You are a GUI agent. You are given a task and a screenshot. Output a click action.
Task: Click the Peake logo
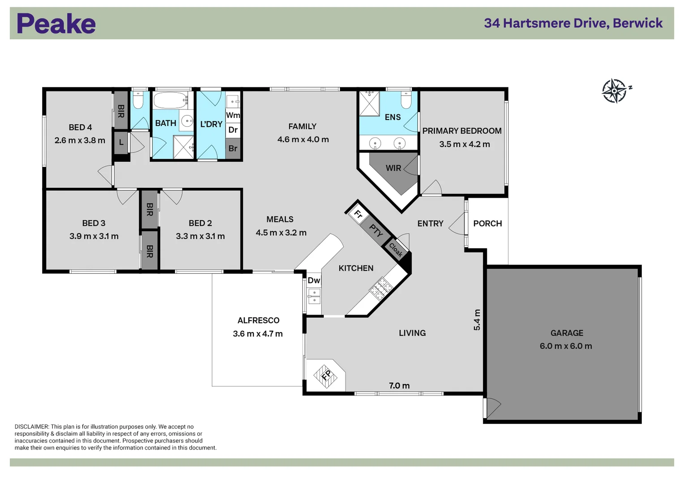coord(56,23)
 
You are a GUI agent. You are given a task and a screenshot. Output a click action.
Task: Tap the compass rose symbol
coord(615,91)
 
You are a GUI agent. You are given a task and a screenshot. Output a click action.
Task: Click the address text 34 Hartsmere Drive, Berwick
coord(573,23)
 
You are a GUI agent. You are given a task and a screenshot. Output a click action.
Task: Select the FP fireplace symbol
coord(326,376)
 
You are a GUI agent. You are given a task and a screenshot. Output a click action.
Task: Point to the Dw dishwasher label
coord(314,280)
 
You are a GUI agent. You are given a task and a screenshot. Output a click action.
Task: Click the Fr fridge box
coord(357,213)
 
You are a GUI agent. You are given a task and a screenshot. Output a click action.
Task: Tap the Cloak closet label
coord(396,250)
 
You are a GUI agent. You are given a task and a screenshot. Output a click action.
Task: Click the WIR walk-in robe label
coord(393,168)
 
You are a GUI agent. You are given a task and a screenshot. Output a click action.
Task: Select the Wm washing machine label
coord(233,115)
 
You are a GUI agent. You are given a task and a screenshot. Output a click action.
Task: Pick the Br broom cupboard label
coord(233,148)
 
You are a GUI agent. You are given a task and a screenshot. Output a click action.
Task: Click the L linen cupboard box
coord(121,142)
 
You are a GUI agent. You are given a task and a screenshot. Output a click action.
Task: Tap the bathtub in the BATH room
coord(170,100)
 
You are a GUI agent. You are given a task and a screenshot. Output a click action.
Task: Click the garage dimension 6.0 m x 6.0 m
coord(566,346)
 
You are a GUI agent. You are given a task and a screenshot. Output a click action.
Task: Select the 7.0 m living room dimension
coord(399,385)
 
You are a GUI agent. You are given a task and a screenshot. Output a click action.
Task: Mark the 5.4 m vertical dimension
coord(477,320)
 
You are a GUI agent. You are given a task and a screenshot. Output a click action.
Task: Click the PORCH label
coord(488,223)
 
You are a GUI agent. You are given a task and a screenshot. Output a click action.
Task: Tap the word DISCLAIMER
coord(31,427)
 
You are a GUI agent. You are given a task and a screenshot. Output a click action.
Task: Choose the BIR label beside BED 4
coord(121,111)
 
